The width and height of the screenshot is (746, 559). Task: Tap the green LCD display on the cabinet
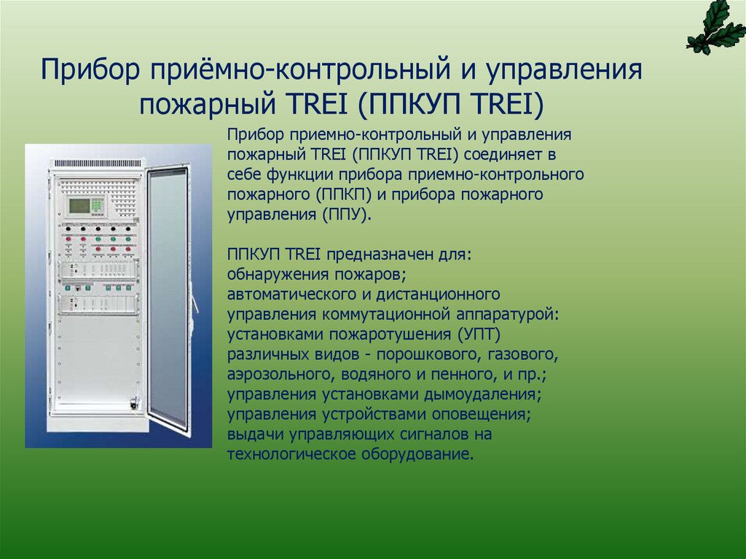point(79,206)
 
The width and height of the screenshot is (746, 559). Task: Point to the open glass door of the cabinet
point(168,299)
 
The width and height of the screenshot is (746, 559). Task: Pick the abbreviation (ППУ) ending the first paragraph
point(346,215)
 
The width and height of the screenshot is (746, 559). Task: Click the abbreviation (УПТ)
point(479,335)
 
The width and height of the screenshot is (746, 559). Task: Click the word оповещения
point(479,415)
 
